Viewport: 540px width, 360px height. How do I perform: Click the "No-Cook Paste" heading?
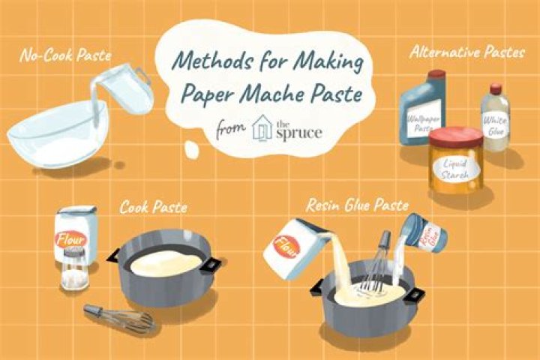click(65, 55)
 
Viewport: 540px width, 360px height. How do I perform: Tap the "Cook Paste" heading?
click(153, 207)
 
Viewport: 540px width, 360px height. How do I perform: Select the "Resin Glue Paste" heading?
click(357, 205)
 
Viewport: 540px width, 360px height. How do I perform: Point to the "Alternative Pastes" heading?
click(467, 52)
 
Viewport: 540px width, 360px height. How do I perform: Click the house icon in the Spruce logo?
click(262, 127)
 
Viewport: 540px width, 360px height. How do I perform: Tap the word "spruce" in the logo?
click(299, 133)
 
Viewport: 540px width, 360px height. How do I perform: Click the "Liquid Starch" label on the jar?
click(456, 169)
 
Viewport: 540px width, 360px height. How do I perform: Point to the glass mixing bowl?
click(57, 135)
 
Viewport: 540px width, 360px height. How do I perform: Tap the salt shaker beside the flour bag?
click(74, 268)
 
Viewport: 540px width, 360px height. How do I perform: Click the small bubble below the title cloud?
click(191, 149)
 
